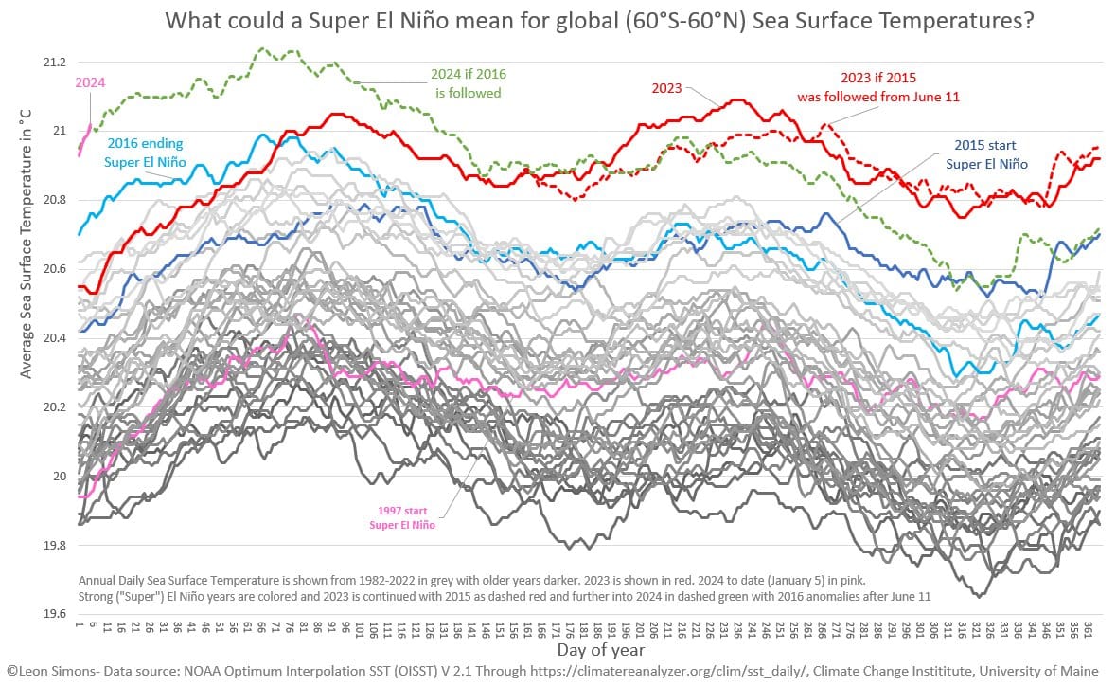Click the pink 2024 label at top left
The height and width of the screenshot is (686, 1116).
click(90, 81)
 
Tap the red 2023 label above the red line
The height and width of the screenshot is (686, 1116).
click(666, 87)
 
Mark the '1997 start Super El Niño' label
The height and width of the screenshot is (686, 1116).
click(402, 517)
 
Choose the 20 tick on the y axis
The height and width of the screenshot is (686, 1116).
click(58, 477)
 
